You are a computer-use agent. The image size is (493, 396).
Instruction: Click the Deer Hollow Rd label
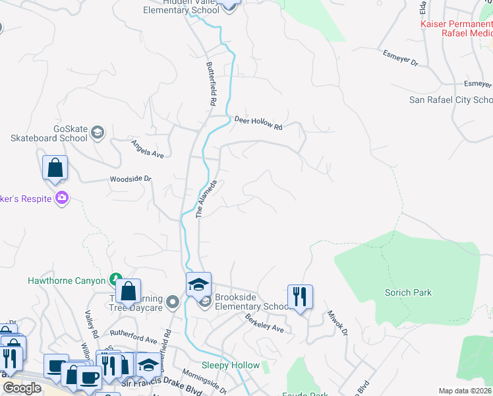coord(258,123)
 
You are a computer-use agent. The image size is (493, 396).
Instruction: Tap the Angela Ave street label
coord(146,148)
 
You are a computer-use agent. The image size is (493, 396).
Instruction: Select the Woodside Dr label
coord(130,179)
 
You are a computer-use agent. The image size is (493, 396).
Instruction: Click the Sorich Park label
coord(408,292)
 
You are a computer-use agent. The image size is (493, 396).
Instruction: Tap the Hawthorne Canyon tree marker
coord(116,280)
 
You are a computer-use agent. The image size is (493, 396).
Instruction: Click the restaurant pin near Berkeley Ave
coord(300,297)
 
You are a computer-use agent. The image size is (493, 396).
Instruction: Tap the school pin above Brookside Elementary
coord(198,284)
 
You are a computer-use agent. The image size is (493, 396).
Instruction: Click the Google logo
coord(22,388)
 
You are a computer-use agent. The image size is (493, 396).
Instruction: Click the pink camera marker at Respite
coord(62,197)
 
